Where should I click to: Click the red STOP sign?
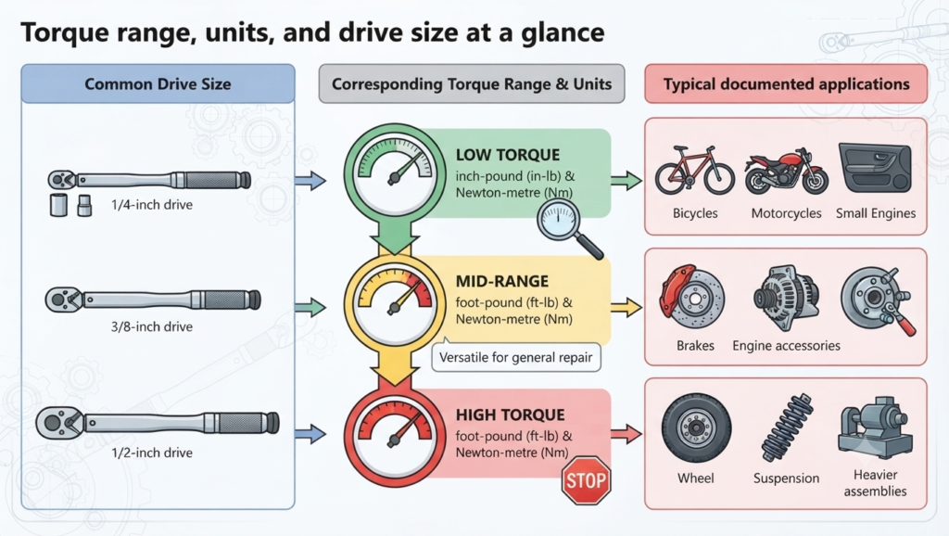click(586, 480)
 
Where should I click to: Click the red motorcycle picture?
click(786, 172)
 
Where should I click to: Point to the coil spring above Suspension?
click(787, 428)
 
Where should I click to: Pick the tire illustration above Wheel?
click(696, 428)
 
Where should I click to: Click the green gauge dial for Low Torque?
click(395, 171)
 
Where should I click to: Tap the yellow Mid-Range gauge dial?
click(395, 301)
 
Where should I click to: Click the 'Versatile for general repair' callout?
click(516, 357)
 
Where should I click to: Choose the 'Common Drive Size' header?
click(158, 83)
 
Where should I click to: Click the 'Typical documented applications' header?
click(786, 83)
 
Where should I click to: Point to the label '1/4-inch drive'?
click(152, 205)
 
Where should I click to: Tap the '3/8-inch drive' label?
click(152, 326)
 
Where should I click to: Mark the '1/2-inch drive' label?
click(152, 453)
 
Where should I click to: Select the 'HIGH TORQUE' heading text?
click(511, 415)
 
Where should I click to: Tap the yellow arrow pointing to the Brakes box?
click(626, 307)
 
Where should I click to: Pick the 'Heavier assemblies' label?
click(875, 483)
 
